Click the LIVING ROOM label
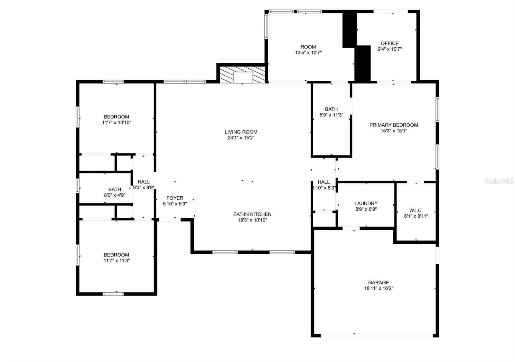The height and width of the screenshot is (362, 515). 241,132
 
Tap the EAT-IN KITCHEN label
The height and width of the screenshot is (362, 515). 252,214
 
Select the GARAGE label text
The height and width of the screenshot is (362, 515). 379,282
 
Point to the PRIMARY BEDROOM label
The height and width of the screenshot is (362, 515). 393,125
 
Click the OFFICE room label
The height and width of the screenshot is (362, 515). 389,43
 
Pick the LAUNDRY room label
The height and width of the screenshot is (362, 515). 366,203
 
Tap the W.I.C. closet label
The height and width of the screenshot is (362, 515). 416,210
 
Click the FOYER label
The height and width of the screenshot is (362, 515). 175,198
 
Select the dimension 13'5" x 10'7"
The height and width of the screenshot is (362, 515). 308,53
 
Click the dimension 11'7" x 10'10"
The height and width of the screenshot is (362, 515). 117,122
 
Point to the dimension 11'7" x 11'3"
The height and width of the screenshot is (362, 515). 117,260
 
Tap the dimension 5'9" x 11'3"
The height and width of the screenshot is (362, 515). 331,115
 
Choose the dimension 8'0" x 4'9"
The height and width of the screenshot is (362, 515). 115,195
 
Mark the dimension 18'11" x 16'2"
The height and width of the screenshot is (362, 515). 379,288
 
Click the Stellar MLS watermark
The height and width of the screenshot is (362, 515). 499,181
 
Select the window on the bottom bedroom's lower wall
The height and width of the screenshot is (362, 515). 113,294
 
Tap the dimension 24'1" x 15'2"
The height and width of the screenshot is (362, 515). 241,138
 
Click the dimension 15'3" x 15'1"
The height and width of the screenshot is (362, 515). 393,131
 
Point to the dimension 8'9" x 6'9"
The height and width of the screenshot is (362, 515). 366,209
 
